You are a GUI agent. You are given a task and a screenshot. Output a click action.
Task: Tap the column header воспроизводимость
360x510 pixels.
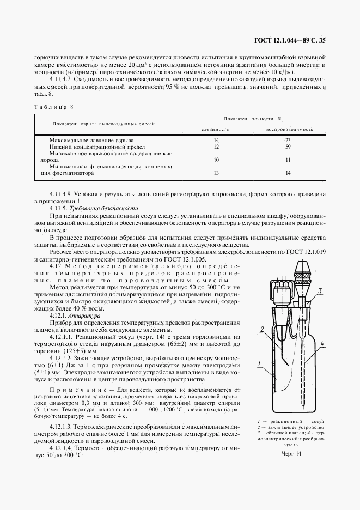(x=289, y=129)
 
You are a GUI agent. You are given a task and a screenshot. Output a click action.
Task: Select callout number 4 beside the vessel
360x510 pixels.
(x=322, y=344)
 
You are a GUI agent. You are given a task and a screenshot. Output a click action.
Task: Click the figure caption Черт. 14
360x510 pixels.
(x=291, y=453)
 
